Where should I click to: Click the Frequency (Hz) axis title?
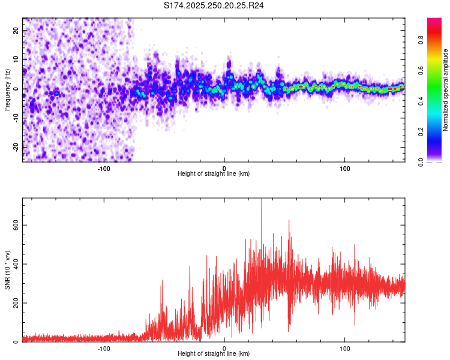pyautogui.click(x=7, y=89)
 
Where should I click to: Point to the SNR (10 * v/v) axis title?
pyautogui.click(x=7, y=270)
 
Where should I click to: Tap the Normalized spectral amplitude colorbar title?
pyautogui.click(x=446, y=89)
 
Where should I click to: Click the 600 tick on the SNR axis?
pyautogui.click(x=13, y=225)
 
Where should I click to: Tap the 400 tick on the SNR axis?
pyautogui.click(x=13, y=264)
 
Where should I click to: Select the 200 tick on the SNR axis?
pyautogui.click(x=13, y=303)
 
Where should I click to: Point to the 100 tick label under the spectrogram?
pyautogui.click(x=345, y=168)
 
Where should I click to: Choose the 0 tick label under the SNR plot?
pyautogui.click(x=224, y=348)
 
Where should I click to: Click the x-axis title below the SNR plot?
pyautogui.click(x=214, y=354)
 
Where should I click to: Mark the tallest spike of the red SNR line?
pyautogui.click(x=261, y=200)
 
